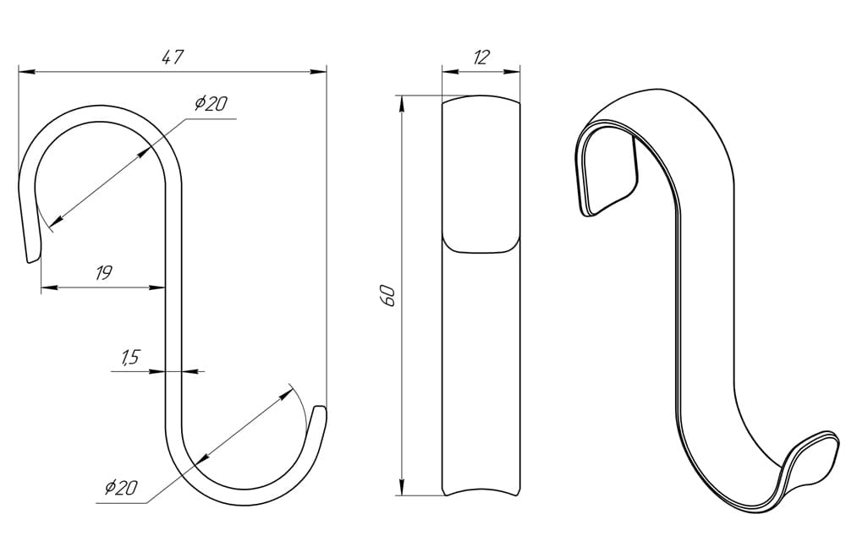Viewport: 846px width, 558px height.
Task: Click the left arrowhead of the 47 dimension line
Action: coord(27,71)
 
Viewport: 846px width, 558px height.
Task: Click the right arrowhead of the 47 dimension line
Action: coord(318,71)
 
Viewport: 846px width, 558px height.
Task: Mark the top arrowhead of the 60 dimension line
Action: coord(401,104)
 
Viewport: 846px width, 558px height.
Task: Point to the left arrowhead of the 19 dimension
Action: coord(50,288)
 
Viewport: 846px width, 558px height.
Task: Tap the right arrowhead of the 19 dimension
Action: coord(157,288)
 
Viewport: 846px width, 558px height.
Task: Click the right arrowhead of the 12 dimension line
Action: coord(511,71)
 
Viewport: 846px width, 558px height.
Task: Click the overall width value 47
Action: coord(173,56)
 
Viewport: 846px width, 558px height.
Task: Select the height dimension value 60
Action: coord(388,297)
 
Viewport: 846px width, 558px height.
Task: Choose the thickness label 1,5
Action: coord(130,357)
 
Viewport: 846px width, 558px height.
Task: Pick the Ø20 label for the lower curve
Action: coord(121,487)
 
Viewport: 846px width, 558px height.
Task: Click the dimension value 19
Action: coord(103,273)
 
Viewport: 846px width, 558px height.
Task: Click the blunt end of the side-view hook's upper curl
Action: coord(33,260)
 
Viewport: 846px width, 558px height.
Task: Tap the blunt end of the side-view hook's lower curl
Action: coord(321,408)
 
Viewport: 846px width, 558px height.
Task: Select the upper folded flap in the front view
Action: coord(481,174)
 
